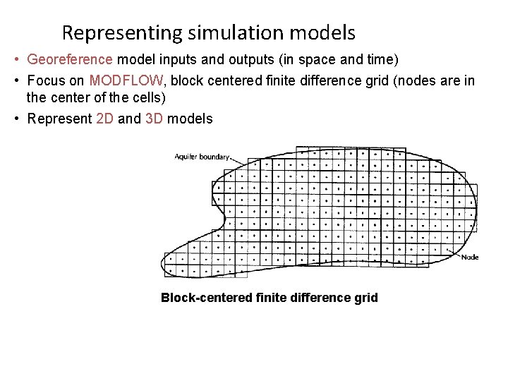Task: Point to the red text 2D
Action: [x=104, y=119]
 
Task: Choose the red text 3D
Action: [x=154, y=119]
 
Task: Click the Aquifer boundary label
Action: [x=202, y=157]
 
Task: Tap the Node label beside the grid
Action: [x=469, y=257]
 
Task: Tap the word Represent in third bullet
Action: [x=59, y=119]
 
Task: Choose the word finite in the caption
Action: [x=272, y=298]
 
